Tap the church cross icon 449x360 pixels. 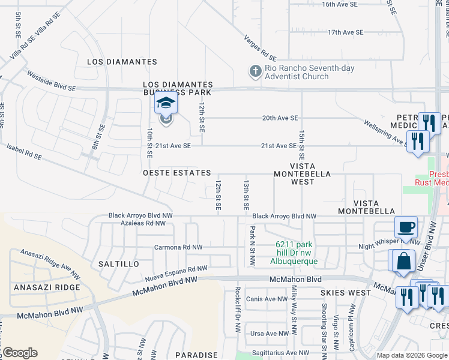[255, 71]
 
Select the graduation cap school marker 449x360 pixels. [166, 104]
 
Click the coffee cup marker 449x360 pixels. [406, 228]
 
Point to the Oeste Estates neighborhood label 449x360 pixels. [177, 172]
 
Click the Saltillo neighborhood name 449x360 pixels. [118, 263]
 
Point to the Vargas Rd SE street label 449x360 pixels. [260, 48]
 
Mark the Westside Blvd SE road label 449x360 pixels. [52, 80]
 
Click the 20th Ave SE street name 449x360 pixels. [280, 118]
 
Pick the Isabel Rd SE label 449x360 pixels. [24, 151]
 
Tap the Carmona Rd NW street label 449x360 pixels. [178, 247]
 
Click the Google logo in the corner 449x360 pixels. [20, 353]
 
